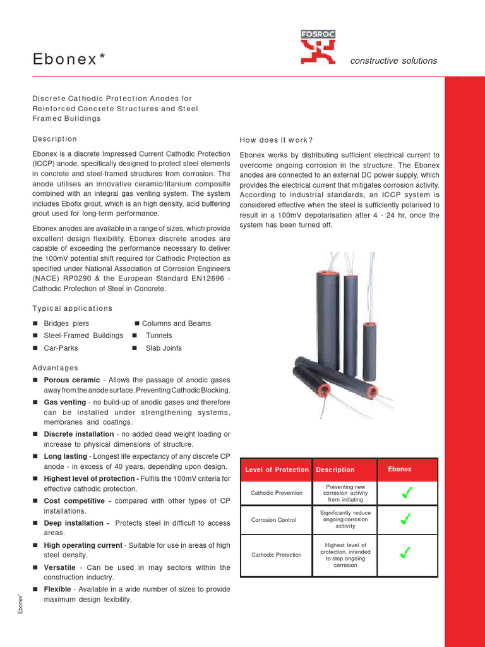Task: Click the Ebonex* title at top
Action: click(x=69, y=59)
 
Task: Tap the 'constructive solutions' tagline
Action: click(x=393, y=61)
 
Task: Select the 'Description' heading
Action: click(x=54, y=139)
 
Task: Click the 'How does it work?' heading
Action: click(x=276, y=140)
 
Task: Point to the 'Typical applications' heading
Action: click(x=72, y=308)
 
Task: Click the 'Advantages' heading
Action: click(x=55, y=368)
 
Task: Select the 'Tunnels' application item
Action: click(x=159, y=336)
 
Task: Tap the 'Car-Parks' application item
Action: click(x=59, y=348)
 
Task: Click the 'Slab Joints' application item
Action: click(x=163, y=348)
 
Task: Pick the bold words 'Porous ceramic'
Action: click(x=71, y=380)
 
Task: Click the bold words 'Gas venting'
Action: click(x=64, y=402)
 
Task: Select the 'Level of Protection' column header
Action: click(x=277, y=469)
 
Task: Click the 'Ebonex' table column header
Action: click(x=399, y=469)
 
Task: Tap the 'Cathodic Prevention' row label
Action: click(x=277, y=493)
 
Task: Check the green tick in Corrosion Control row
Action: click(x=406, y=519)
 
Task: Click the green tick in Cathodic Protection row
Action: click(x=406, y=553)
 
